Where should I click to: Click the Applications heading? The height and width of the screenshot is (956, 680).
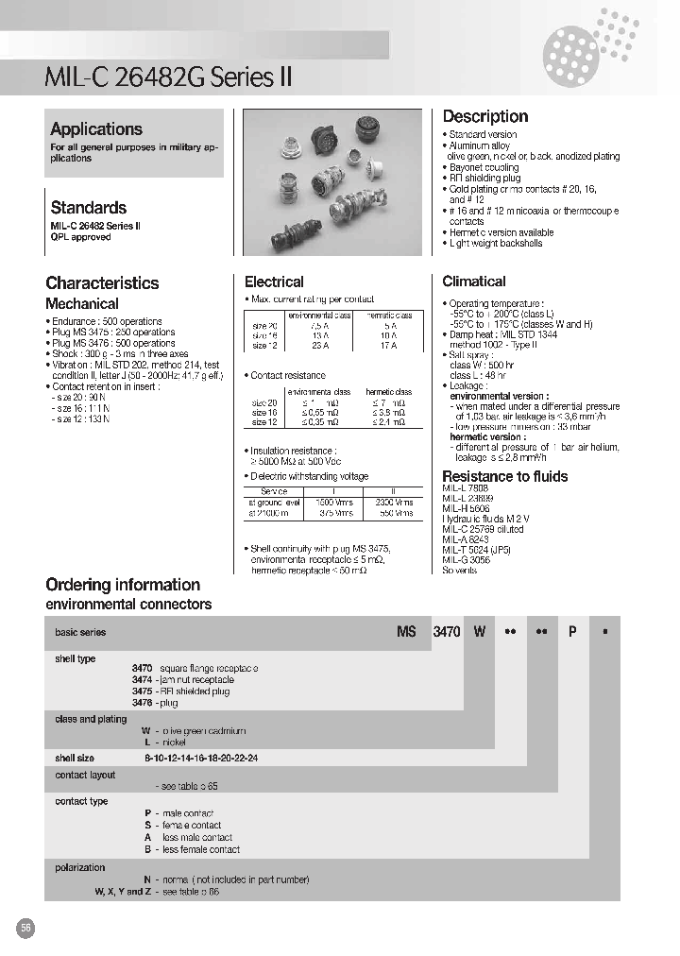(x=96, y=129)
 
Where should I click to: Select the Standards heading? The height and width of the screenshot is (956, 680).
(x=88, y=207)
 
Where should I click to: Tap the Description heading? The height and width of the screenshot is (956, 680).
(x=485, y=116)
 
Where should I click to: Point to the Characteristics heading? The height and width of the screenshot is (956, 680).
(x=102, y=282)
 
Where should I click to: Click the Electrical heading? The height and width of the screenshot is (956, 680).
(x=274, y=282)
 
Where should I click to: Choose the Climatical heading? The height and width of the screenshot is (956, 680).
(x=474, y=282)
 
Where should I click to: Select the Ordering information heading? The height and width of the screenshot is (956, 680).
(x=123, y=585)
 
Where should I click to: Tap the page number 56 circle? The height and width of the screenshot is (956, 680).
(x=26, y=929)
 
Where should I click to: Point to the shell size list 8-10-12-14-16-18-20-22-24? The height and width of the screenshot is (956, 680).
(x=201, y=758)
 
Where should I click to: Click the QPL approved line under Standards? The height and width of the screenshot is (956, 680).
(x=80, y=237)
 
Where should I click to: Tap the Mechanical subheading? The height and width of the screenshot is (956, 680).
(x=82, y=304)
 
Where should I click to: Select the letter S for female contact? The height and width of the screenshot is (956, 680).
(x=147, y=825)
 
